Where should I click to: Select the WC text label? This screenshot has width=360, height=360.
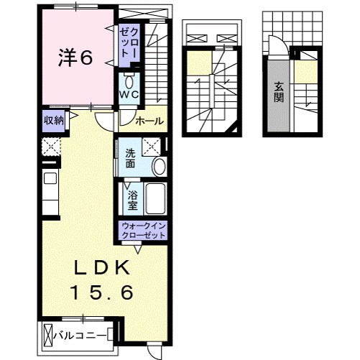(129, 94)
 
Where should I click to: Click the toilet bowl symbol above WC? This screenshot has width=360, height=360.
(129, 78)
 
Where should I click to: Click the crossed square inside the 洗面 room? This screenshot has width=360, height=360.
(152, 146)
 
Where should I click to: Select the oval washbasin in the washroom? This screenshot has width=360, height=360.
(159, 167)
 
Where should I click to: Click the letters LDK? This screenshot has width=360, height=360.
(102, 267)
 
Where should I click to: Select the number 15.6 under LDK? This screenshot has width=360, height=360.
(102, 292)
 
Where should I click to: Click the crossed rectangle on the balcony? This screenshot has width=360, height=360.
(49, 335)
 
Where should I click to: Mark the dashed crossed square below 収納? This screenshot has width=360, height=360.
(51, 147)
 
